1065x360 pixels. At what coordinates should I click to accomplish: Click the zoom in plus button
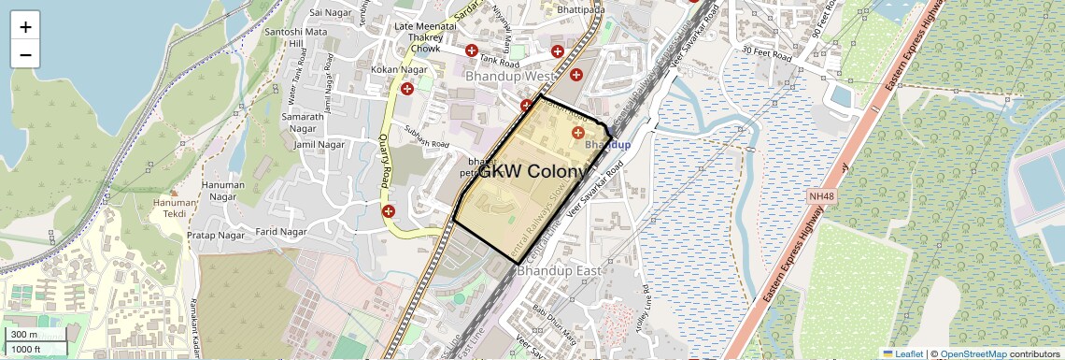25,26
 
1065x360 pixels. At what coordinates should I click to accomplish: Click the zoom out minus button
25,54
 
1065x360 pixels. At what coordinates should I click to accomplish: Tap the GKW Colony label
533,172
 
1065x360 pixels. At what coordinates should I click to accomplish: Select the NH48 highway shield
821,197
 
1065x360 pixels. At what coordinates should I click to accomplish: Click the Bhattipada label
579,9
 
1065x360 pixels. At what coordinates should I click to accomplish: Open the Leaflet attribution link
902,353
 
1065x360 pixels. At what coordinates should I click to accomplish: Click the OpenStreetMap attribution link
973,353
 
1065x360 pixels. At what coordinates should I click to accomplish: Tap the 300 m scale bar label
25,335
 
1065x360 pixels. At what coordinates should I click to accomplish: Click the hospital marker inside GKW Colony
577,135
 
